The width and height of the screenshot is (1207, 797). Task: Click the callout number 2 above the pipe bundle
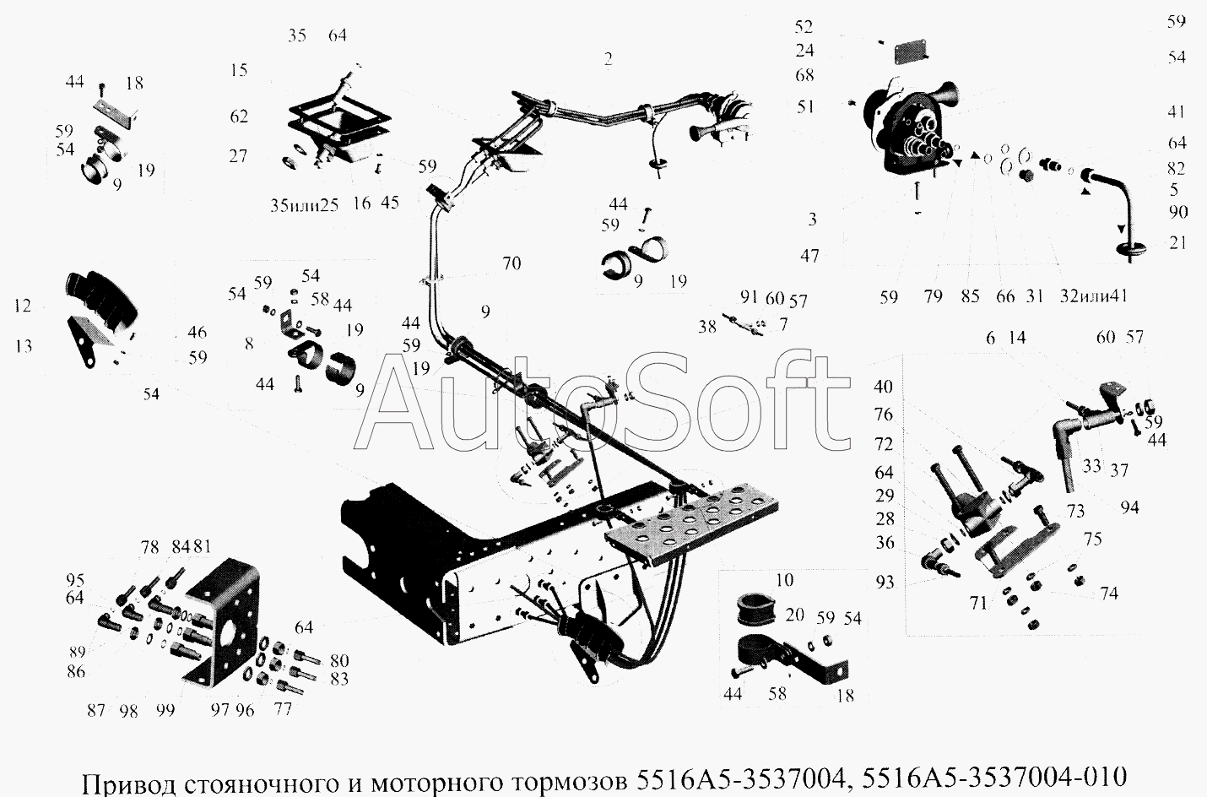pos(609,59)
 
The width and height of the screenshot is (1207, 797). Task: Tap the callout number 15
pos(239,70)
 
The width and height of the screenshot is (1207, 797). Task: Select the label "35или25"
pos(305,205)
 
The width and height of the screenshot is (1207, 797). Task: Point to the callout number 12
pos(23,306)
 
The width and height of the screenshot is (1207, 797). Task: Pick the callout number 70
pos(511,263)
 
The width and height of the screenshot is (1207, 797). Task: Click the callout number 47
pos(809,256)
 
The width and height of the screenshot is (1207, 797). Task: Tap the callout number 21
pos(1178,242)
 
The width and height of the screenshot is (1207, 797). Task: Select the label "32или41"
pos(1093,295)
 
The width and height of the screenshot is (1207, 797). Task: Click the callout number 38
pos(707,327)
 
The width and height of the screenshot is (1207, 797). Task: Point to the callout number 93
pos(885,583)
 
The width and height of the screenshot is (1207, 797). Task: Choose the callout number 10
pos(785,580)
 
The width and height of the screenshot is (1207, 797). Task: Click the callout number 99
pos(165,710)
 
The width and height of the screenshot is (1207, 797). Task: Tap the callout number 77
pos(283,709)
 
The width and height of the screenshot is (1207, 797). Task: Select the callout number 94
pos(1129,507)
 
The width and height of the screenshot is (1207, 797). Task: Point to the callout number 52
pos(804,26)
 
